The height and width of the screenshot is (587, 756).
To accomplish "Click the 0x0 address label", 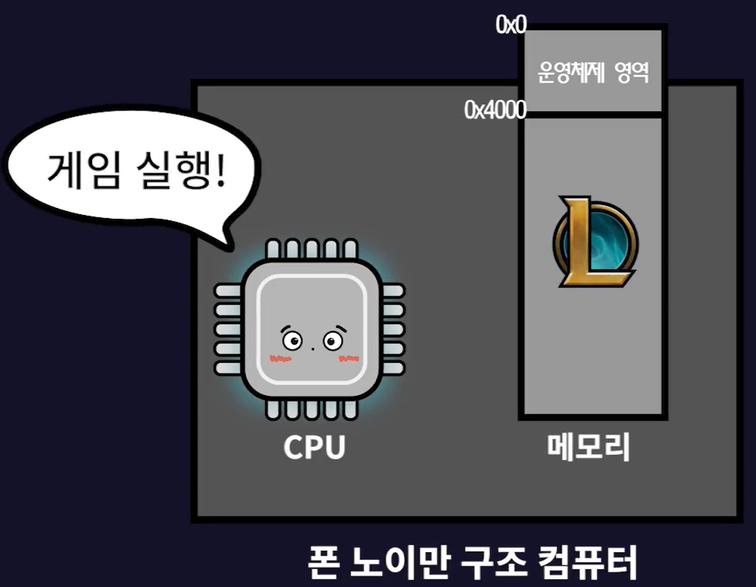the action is pyautogui.click(x=511, y=25).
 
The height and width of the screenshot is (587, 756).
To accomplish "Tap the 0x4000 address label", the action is pyautogui.click(x=495, y=110).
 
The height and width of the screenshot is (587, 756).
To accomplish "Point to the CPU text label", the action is pyautogui.click(x=314, y=448).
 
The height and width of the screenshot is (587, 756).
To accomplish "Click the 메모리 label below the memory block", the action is pyautogui.click(x=589, y=447).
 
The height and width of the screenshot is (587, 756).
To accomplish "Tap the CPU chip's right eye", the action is pyautogui.click(x=333, y=340).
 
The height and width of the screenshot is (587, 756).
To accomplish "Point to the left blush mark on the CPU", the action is pyautogui.click(x=279, y=358).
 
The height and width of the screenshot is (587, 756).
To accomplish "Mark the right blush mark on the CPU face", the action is pyautogui.click(x=349, y=358).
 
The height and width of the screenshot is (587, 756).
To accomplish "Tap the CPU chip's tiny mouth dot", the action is pyautogui.click(x=312, y=348).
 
